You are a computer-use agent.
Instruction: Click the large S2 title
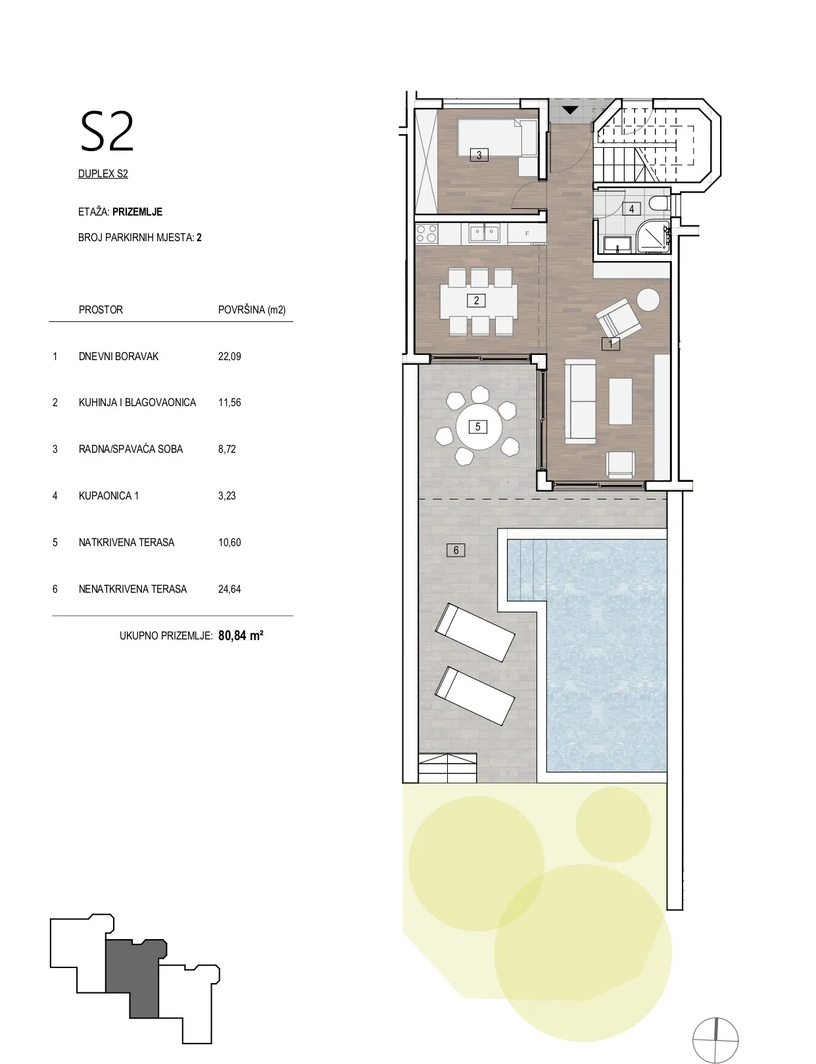point(107,132)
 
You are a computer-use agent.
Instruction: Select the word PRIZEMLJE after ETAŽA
point(137,212)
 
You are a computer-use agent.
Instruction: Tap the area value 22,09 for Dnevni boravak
point(229,356)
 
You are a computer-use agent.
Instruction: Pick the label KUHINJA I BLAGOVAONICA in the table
point(137,402)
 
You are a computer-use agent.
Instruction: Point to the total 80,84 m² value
point(241,636)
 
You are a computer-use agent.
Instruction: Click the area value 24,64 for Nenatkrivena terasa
point(229,589)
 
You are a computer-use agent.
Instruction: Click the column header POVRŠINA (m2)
point(252,310)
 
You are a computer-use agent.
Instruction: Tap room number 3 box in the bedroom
point(479,155)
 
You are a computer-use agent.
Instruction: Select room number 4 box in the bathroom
point(631,209)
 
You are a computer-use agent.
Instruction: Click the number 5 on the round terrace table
point(477,427)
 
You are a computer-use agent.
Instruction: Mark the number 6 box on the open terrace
point(456,550)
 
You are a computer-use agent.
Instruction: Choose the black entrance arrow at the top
point(569,110)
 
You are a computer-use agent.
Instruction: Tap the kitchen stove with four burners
point(426,233)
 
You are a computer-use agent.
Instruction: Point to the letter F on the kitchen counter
point(527,234)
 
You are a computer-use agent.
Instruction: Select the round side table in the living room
point(648,300)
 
